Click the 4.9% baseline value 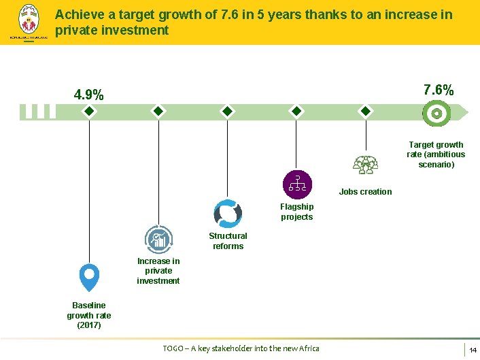coord(89,95)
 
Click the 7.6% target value coord(439,90)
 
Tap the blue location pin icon coord(89,277)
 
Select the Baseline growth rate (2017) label coord(89,315)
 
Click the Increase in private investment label coord(158,271)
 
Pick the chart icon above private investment coord(158,240)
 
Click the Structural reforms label coord(228,241)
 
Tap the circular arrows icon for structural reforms coord(227,214)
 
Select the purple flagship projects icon coord(296,184)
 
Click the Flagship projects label coord(296,212)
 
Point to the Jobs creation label coord(365,192)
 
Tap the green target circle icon coord(436,112)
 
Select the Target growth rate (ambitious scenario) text coord(436,154)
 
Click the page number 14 coord(472,350)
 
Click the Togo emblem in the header coord(27,22)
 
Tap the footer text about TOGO coord(241,348)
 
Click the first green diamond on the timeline coord(88,112)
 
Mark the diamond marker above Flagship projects coord(296,112)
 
